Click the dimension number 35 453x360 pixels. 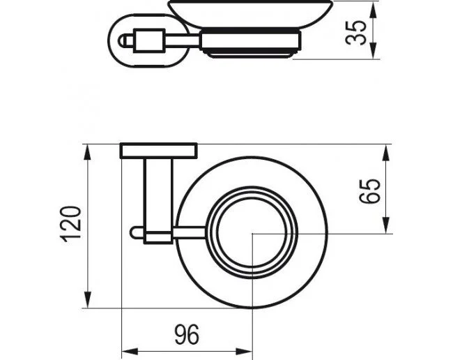356,33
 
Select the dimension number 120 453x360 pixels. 70,224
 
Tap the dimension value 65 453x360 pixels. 370,191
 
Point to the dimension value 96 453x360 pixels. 187,335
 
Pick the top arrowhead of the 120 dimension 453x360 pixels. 88,153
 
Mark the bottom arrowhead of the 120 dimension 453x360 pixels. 88,300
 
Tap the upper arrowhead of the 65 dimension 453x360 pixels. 387,153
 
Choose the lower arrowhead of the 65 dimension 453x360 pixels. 387,225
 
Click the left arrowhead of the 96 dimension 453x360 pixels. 130,352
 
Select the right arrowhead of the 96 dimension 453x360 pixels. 245,352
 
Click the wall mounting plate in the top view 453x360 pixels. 159,151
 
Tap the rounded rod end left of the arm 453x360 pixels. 137,233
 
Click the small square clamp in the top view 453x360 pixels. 158,237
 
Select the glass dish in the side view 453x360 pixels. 250,14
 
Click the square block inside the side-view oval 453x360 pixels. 148,40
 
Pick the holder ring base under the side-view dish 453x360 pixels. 251,43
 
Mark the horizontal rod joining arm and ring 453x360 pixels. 190,233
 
